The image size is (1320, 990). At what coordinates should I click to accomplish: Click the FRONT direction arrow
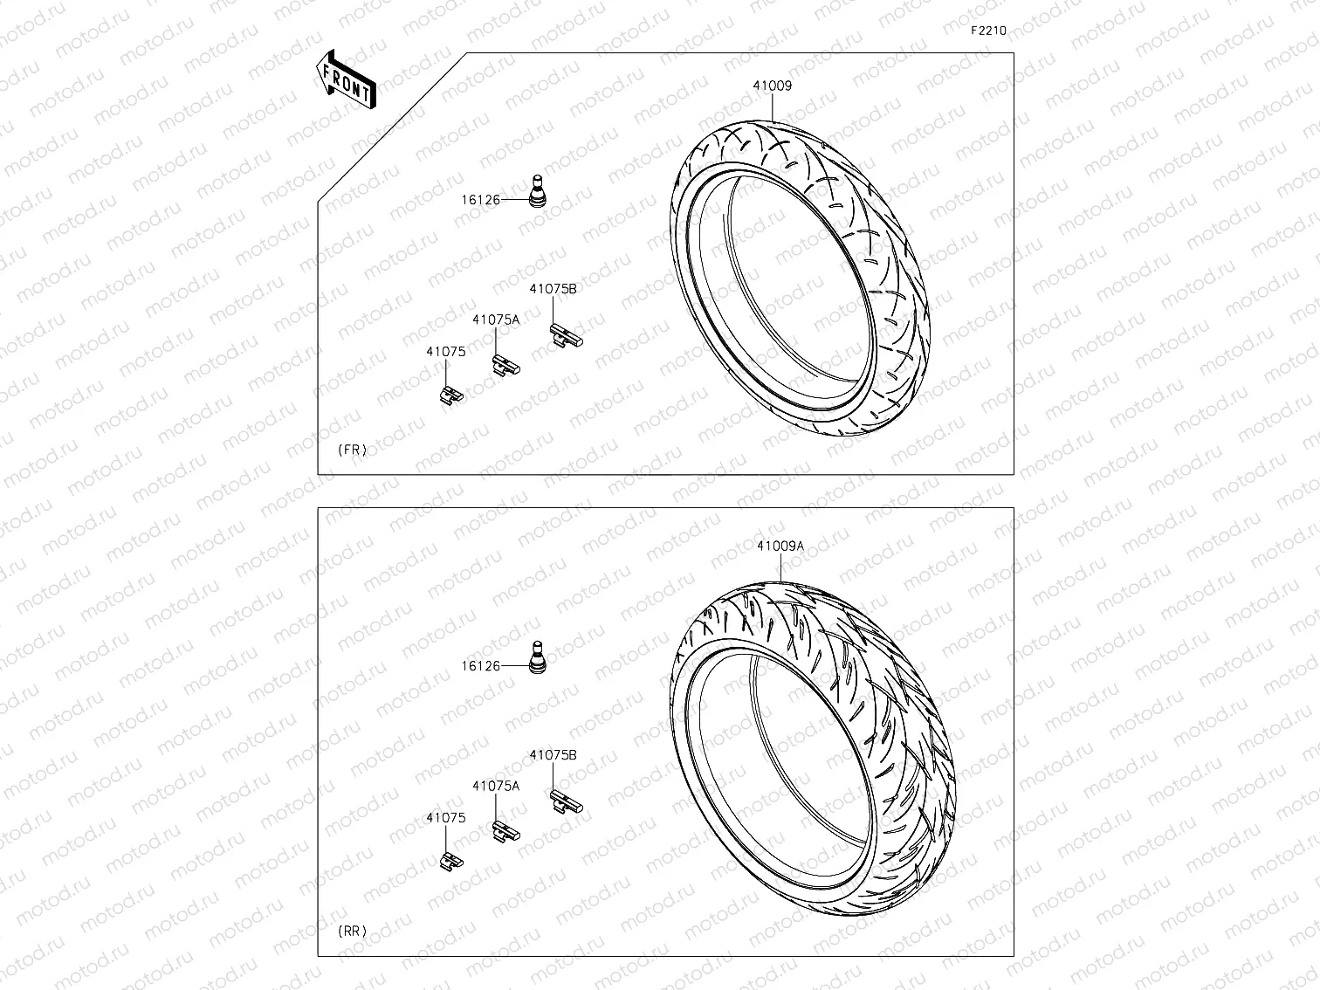pyautogui.click(x=347, y=79)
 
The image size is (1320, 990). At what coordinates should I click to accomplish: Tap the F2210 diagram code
pyautogui.click(x=988, y=31)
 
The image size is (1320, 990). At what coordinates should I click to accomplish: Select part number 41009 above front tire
pyautogui.click(x=773, y=86)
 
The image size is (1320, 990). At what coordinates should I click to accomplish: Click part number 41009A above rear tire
pyautogui.click(x=780, y=547)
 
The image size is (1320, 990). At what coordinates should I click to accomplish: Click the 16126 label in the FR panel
pyautogui.click(x=480, y=200)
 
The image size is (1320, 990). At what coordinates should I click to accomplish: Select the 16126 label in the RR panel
pyautogui.click(x=480, y=666)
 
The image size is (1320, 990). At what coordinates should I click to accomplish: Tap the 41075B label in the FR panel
pyautogui.click(x=553, y=289)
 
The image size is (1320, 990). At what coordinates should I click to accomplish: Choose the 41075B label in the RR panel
pyautogui.click(x=553, y=755)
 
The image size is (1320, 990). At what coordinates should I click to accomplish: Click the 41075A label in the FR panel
pyautogui.click(x=496, y=320)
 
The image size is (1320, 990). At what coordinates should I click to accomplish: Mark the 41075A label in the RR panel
pyautogui.click(x=496, y=786)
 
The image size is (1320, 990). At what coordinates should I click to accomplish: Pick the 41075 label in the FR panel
pyautogui.click(x=445, y=352)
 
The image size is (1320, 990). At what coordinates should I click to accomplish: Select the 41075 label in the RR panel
pyautogui.click(x=445, y=818)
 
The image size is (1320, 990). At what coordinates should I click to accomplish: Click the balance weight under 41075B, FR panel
pyautogui.click(x=564, y=335)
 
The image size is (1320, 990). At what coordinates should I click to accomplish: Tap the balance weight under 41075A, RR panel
pyautogui.click(x=505, y=831)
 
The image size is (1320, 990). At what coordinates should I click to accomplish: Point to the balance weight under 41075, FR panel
pyautogui.click(x=450, y=395)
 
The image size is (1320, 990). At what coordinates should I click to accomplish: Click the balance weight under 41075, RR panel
pyautogui.click(x=450, y=861)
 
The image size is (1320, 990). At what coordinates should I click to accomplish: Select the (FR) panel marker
pyautogui.click(x=352, y=450)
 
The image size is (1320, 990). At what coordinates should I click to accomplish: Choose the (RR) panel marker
pyautogui.click(x=352, y=932)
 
